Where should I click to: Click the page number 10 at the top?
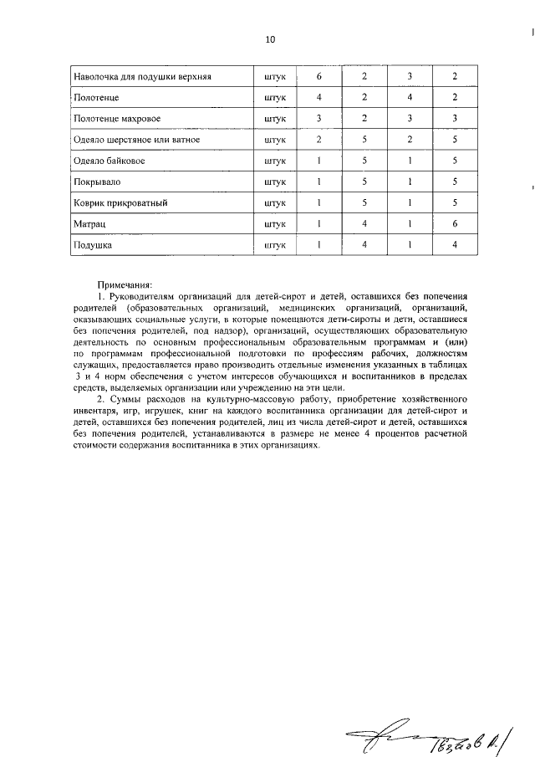click(269, 39)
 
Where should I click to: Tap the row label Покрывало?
click(99, 182)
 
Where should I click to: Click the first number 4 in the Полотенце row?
click(318, 98)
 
